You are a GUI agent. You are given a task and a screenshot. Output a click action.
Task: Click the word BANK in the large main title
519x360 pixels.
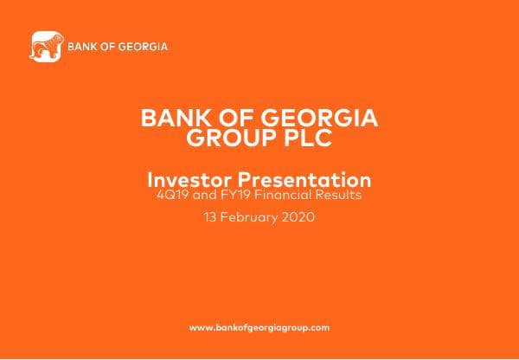pos(170,119)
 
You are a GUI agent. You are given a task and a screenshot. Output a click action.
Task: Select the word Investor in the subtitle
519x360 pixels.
pos(186,180)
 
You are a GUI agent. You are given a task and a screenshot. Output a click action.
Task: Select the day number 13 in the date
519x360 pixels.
pos(208,218)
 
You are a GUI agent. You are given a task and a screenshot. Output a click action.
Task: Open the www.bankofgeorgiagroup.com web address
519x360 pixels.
pos(259,328)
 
